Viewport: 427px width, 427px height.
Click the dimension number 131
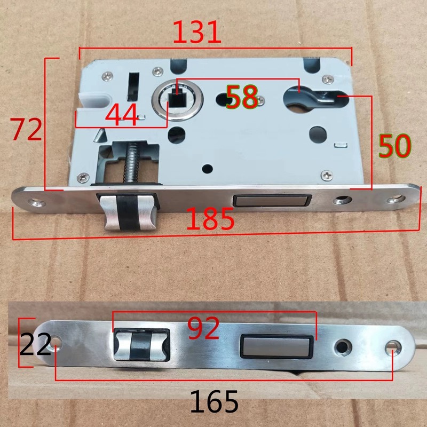[196, 34]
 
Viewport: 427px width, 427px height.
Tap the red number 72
[28, 130]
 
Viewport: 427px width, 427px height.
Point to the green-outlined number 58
[242, 97]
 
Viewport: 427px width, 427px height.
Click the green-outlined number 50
[395, 145]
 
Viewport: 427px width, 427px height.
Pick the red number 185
[211, 219]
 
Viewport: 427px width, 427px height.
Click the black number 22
[35, 345]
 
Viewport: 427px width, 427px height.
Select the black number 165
[213, 401]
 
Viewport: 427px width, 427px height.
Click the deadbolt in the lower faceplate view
[276, 346]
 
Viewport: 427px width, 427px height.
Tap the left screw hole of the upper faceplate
[36, 202]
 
